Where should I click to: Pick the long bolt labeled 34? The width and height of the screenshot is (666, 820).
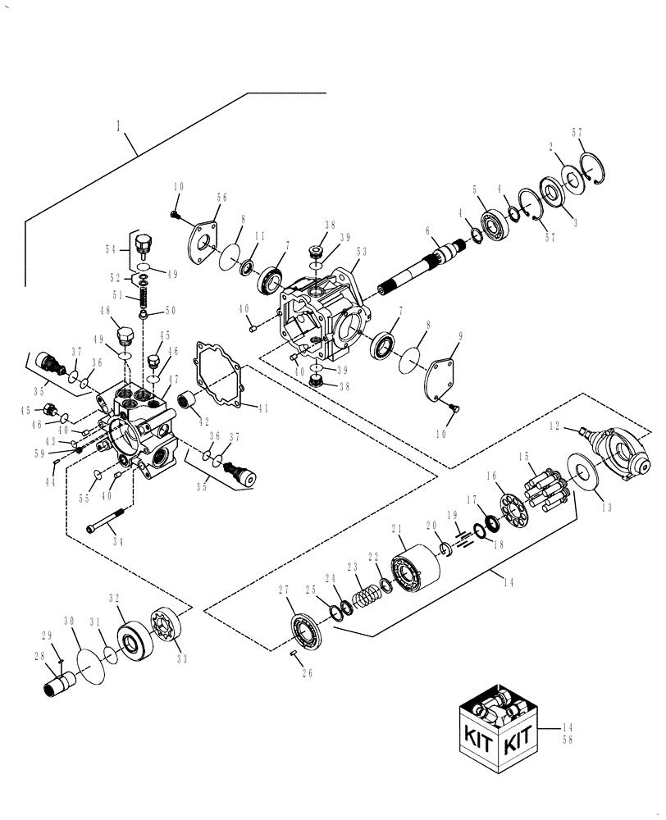pos(109,524)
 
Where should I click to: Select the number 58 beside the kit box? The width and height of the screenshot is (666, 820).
pos(568,740)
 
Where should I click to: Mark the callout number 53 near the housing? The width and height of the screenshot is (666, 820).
pos(362,253)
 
